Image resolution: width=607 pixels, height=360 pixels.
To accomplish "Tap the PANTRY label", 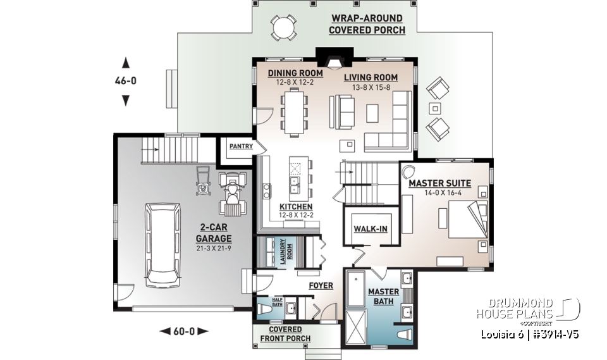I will pos(241,146).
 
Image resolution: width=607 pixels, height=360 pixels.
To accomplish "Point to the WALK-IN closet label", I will pos(370,228).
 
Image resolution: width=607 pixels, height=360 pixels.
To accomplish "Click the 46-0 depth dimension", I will pos(125,81).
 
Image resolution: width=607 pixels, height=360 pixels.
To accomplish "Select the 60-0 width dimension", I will pos(183,330).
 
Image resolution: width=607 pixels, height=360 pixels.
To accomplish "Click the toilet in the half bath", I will pos(264,308).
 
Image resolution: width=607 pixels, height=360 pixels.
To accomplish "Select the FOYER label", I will pos(321,285).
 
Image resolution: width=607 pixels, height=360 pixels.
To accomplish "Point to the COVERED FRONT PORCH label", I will pos(285,334).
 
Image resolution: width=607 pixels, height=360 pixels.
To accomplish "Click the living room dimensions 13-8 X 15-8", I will pos(367,87).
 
